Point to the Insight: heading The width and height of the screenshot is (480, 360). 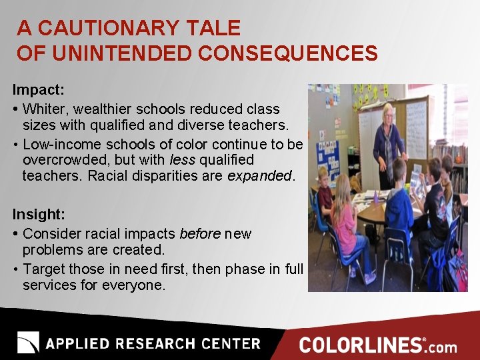pos(39,214)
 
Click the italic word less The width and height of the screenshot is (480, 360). pos(182,160)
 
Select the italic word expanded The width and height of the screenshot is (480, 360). pos(259,176)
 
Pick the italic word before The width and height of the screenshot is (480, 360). pos(201,234)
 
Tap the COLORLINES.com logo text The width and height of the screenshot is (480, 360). pos(378,345)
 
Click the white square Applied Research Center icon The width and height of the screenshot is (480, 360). pos(29,343)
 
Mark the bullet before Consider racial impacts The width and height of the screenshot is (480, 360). pos(15,235)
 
